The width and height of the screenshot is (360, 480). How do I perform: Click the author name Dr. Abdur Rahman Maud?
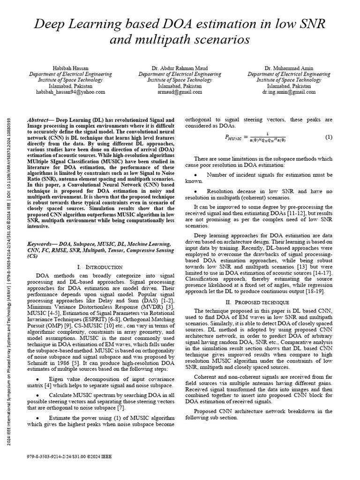180,68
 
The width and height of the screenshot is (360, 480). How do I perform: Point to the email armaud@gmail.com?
180,92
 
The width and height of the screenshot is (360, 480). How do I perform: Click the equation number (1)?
329,137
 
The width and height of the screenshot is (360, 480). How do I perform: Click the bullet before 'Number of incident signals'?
195,175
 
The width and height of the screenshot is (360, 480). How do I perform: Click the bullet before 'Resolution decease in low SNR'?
195,192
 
